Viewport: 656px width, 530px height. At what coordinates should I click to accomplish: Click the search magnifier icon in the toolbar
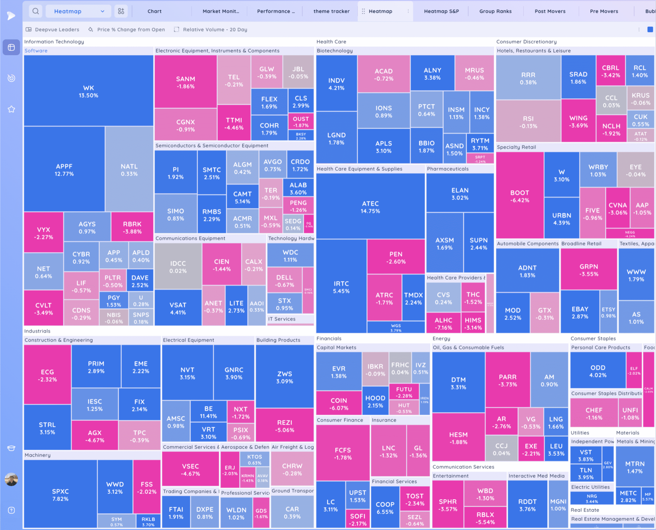(36, 11)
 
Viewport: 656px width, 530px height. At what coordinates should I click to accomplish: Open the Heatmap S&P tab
(441, 11)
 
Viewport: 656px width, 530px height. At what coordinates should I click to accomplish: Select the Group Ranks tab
(495, 11)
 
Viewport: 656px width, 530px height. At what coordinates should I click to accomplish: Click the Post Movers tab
(550, 11)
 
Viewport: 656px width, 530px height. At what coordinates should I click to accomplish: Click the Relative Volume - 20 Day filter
(215, 30)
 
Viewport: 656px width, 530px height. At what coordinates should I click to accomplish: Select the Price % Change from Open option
(130, 30)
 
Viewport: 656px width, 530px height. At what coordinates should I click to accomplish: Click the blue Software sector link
(36, 51)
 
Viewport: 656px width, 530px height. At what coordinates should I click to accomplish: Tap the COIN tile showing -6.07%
(339, 404)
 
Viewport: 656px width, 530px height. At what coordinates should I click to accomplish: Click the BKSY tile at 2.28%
(301, 136)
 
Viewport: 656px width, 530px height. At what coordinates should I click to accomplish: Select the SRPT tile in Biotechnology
(480, 159)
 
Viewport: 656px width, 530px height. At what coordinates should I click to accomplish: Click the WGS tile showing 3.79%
(396, 328)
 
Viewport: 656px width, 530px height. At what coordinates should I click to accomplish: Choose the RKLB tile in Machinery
(148, 521)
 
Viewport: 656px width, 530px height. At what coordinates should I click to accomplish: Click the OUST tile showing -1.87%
(301, 122)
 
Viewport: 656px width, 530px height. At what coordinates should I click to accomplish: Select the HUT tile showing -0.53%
(404, 408)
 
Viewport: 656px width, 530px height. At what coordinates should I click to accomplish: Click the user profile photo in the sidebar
(11, 479)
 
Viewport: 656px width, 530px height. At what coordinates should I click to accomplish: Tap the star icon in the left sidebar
(11, 109)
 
